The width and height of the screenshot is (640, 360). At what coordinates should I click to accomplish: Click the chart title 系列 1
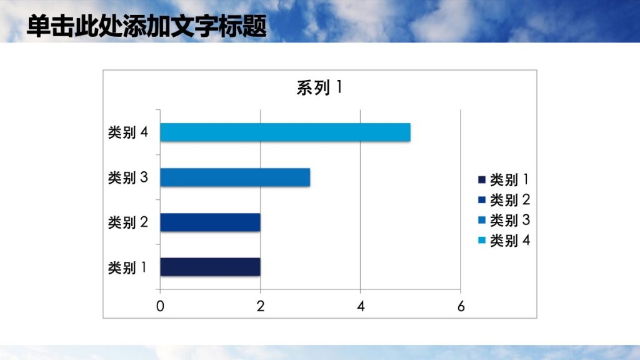319,88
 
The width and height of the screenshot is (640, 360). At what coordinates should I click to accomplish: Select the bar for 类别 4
285,132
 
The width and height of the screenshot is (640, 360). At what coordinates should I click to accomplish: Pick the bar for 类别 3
235,177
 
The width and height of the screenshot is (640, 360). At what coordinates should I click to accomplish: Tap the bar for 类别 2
210,222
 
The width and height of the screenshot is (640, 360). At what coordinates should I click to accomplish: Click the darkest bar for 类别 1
210,267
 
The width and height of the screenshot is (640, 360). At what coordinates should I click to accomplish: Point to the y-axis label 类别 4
127,132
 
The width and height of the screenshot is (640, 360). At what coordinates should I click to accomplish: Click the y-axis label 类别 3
127,177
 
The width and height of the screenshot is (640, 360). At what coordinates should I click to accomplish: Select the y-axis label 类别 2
127,222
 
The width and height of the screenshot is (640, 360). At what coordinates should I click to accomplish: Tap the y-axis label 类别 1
127,267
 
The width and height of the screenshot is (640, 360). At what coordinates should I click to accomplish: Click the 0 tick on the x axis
160,306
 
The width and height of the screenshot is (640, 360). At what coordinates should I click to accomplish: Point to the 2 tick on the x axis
260,306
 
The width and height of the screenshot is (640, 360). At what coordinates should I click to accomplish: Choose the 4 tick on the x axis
361,306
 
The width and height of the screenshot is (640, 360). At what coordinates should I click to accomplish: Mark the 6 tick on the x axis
461,306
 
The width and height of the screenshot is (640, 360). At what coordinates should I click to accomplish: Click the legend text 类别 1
509,180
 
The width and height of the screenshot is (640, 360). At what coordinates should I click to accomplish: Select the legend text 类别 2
509,200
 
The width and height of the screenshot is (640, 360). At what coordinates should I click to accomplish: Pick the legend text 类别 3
509,220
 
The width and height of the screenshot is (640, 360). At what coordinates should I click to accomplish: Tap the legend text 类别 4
509,240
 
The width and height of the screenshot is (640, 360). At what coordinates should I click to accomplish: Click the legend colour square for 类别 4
481,240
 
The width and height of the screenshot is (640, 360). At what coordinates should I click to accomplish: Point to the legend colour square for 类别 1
481,180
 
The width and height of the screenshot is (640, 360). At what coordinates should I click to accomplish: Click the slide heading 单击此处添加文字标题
147,27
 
